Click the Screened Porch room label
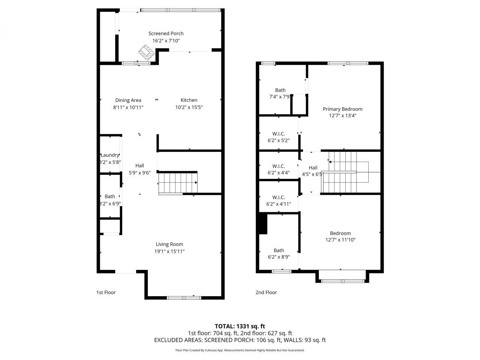(x=166, y=33)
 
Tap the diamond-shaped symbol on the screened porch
(x=146, y=52)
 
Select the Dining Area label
(x=128, y=100)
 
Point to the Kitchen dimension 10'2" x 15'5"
(x=189, y=107)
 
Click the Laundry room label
(x=110, y=155)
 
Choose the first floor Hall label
(x=139, y=165)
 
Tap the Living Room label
(x=169, y=244)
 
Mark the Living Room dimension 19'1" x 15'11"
(x=169, y=251)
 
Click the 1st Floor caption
(x=106, y=292)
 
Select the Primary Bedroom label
(x=342, y=109)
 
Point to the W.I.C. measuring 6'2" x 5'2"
(x=279, y=137)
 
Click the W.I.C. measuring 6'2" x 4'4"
(x=279, y=169)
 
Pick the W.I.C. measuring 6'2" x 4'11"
(x=279, y=201)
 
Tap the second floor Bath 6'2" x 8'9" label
(x=279, y=254)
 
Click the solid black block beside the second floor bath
(x=263, y=224)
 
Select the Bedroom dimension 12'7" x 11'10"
(x=340, y=240)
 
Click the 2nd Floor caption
(x=266, y=292)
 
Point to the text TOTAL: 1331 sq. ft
(x=240, y=326)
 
